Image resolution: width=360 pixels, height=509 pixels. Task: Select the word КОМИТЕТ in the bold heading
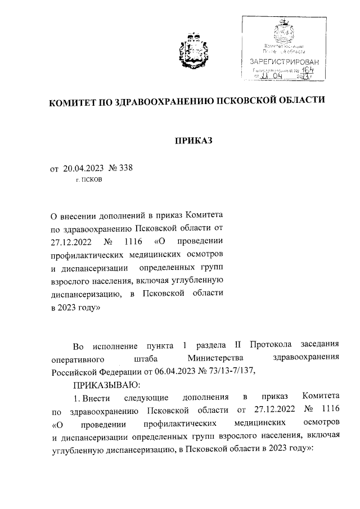[73, 103]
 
